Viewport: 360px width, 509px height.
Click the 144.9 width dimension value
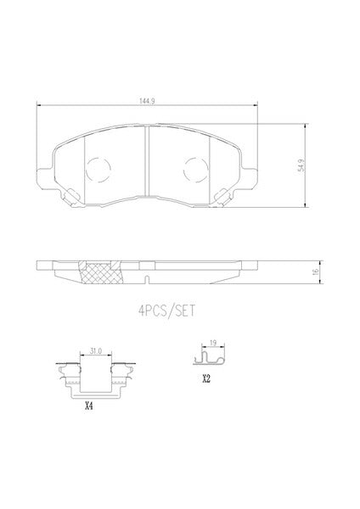pyautogui.click(x=147, y=101)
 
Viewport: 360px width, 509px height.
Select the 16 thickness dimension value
pyautogui.click(x=316, y=272)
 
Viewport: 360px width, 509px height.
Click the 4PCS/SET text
pyautogui.click(x=167, y=311)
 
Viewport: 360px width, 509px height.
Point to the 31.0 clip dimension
pyautogui.click(x=96, y=351)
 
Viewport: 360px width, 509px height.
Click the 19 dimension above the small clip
pyautogui.click(x=213, y=343)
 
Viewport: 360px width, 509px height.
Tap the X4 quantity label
pyautogui.click(x=88, y=406)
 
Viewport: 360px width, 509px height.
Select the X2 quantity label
pyautogui.click(x=206, y=378)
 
